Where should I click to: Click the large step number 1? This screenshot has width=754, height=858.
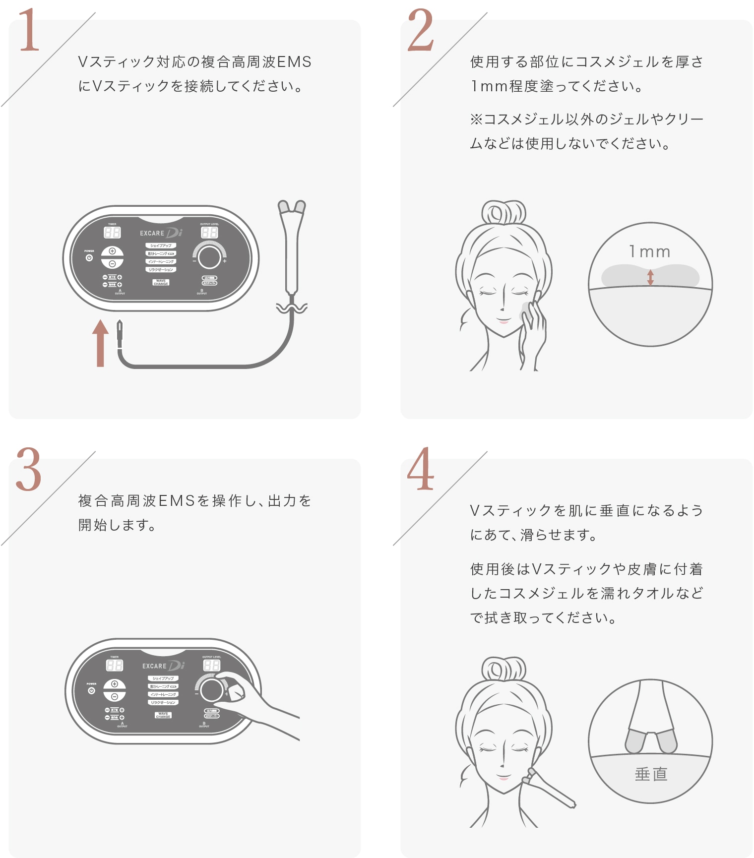29,31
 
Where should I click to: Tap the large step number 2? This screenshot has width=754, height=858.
420,31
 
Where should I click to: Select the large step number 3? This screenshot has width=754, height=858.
29,469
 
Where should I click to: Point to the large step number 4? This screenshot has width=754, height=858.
420,469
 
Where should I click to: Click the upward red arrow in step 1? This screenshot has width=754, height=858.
100,343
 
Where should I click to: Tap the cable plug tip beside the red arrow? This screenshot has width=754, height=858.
120,331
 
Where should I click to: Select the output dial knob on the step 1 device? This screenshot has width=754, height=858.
209,257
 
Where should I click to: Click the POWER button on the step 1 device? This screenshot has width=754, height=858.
89,258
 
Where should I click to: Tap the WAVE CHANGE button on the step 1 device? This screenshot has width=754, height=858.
161,282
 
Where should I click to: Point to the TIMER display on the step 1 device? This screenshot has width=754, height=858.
112,232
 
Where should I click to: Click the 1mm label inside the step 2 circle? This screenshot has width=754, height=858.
650,252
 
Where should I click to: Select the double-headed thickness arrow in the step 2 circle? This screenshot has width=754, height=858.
650,277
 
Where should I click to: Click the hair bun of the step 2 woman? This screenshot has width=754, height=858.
503,213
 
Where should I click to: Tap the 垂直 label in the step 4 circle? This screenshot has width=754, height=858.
651,774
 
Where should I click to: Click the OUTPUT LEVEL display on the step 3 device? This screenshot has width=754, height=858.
212,665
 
